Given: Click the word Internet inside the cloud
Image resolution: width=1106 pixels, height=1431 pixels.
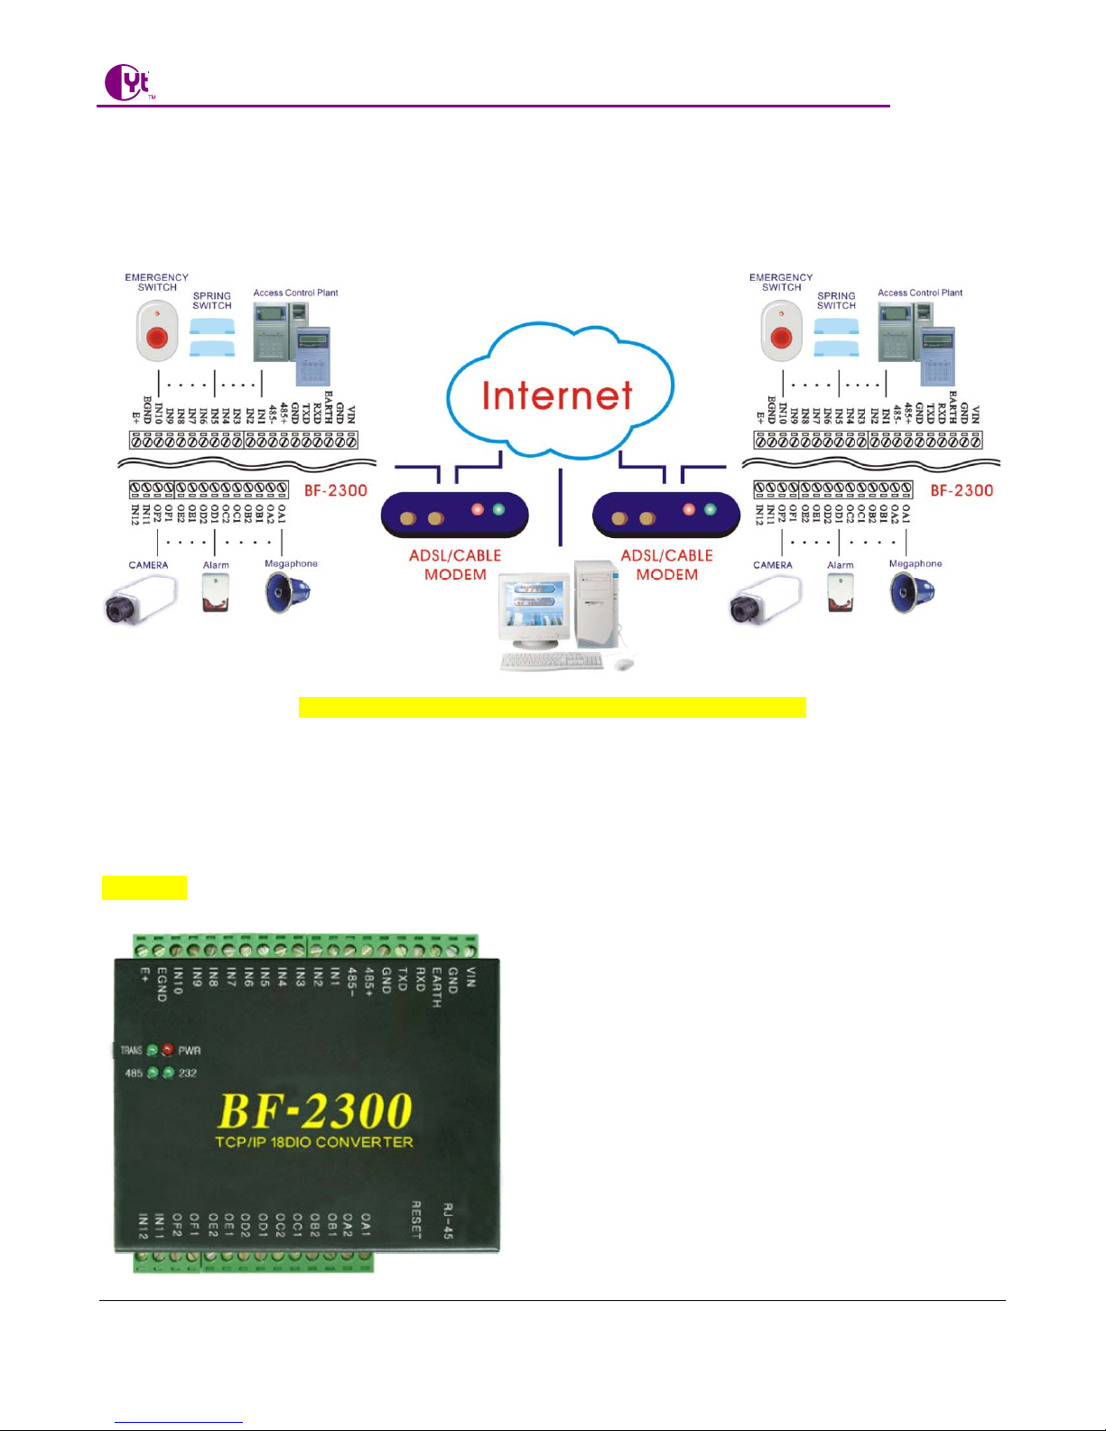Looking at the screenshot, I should [557, 395].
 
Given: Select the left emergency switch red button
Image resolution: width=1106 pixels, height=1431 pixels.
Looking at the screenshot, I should [157, 338].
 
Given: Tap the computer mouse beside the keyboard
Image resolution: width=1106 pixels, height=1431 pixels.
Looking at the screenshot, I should [623, 664].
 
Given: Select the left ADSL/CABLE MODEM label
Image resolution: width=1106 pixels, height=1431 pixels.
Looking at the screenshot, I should [455, 565].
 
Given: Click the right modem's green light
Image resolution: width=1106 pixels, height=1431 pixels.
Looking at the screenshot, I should [711, 509].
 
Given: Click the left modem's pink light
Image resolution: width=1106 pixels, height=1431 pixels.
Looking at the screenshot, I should [478, 509].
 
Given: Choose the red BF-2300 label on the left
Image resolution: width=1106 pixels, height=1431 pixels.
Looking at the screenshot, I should [335, 490].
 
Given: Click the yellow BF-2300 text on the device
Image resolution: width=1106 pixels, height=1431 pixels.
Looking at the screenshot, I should [315, 1110].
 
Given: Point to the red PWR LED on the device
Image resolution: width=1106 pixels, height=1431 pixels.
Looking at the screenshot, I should [168, 1050].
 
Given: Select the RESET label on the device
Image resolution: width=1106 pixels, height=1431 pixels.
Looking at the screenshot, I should [416, 1220].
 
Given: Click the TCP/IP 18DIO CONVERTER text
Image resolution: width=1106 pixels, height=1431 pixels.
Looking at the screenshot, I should [314, 1142].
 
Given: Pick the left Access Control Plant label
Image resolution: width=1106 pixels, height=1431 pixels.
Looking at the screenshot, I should [295, 293].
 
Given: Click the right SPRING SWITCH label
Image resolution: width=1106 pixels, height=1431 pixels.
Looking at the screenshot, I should [836, 301].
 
